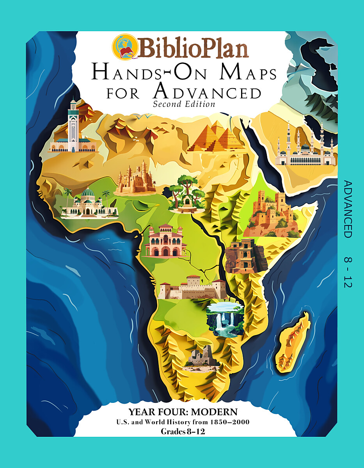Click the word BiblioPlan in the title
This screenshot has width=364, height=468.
click(x=193, y=48)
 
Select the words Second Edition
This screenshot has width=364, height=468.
click(x=184, y=104)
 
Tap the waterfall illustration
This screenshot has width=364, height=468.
click(x=226, y=318)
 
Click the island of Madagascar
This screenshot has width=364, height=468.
click(x=292, y=339)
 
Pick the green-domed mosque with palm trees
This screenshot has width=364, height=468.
click(x=89, y=203)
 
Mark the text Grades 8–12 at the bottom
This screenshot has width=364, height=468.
click(x=183, y=431)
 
